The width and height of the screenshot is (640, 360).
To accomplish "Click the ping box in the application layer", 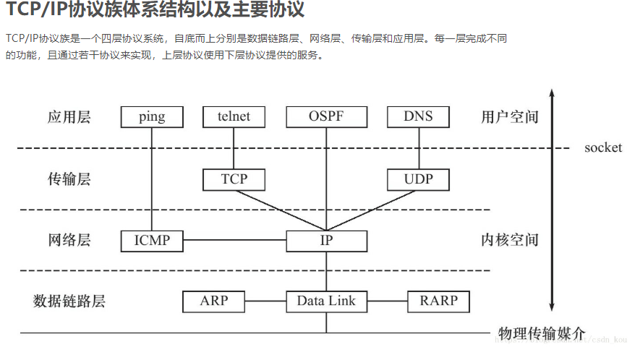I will (x=152, y=116).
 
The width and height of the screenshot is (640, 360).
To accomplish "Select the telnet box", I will (x=234, y=116).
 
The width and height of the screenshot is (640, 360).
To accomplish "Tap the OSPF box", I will (x=326, y=116).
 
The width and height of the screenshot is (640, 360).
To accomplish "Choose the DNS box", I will (x=418, y=116).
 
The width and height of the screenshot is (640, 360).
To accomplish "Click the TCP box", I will (x=234, y=179).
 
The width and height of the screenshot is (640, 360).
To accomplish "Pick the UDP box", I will (x=418, y=179).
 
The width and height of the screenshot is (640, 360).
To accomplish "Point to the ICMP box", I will (x=152, y=241).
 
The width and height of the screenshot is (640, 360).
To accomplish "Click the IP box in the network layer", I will (x=326, y=241).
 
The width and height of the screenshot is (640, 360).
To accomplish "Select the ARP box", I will (x=214, y=301).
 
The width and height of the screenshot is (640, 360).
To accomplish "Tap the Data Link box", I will (x=326, y=301).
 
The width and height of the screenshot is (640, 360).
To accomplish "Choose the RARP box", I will (x=438, y=301).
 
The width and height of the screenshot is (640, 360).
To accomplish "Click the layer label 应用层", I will (x=69, y=117).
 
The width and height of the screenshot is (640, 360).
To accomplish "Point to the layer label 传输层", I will (x=69, y=179).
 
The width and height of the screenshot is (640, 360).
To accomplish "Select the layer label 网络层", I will (x=69, y=241).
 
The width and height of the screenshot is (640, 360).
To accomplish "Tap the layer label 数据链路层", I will (x=69, y=301).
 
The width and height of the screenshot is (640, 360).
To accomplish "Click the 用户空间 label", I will (x=510, y=117).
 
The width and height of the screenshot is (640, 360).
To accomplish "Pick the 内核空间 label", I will (x=510, y=240).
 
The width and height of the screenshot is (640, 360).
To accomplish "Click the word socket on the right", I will (x=603, y=148).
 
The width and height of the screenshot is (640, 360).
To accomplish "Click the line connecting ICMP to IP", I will (x=234, y=241).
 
